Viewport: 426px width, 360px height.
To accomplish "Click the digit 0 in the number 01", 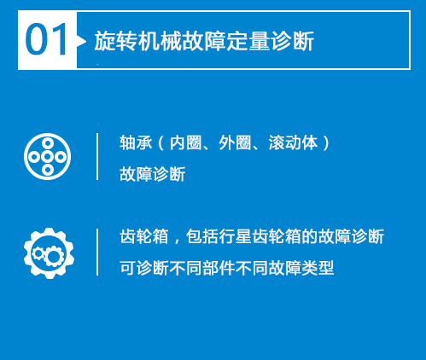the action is (36, 39).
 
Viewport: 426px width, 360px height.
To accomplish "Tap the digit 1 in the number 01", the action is (59, 39).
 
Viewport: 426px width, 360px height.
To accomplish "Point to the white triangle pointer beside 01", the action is (81, 42).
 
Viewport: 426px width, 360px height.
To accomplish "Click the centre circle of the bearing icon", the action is (48, 156).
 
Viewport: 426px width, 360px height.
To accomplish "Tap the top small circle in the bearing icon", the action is (48, 143).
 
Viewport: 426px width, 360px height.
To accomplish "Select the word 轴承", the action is (136, 142).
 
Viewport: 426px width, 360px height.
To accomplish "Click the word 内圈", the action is (186, 142).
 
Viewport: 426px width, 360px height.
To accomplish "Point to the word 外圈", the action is (235, 142).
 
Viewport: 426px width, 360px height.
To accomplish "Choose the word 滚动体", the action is (293, 142).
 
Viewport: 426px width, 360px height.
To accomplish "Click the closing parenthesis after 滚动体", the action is (326, 142).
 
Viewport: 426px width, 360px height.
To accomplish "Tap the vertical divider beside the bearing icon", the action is (97, 156).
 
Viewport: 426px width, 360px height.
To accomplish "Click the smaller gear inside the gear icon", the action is (38, 253).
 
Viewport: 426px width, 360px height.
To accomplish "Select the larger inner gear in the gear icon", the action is (53, 256).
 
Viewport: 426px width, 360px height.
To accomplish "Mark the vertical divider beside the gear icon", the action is (97, 252).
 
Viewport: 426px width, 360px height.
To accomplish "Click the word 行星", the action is (235, 236).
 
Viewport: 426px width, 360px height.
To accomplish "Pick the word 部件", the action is (219, 268).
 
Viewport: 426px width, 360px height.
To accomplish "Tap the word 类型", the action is (318, 268).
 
